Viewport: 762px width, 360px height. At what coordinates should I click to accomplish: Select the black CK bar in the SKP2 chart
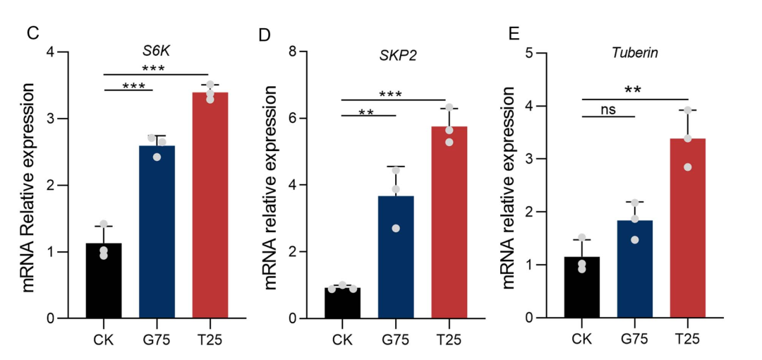(x=342, y=303)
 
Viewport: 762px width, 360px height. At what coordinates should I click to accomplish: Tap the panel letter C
(x=32, y=32)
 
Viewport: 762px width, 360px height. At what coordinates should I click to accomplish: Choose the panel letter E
(x=514, y=33)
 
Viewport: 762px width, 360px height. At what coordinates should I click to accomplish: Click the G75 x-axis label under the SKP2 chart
(x=396, y=340)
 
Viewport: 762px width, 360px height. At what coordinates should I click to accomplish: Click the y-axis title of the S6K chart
(x=29, y=187)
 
